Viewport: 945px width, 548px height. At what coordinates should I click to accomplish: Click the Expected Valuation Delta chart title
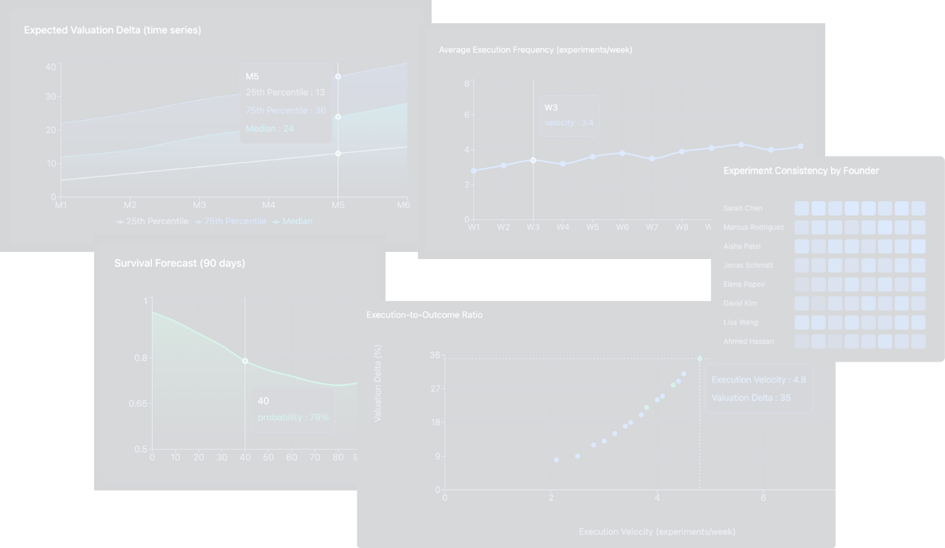113,30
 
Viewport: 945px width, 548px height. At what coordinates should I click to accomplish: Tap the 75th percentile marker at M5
338,76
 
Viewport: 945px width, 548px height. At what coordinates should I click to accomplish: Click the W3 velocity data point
533,160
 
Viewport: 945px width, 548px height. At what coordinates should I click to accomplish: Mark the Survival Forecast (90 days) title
180,263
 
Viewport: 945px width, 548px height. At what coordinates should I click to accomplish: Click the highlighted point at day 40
245,361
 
